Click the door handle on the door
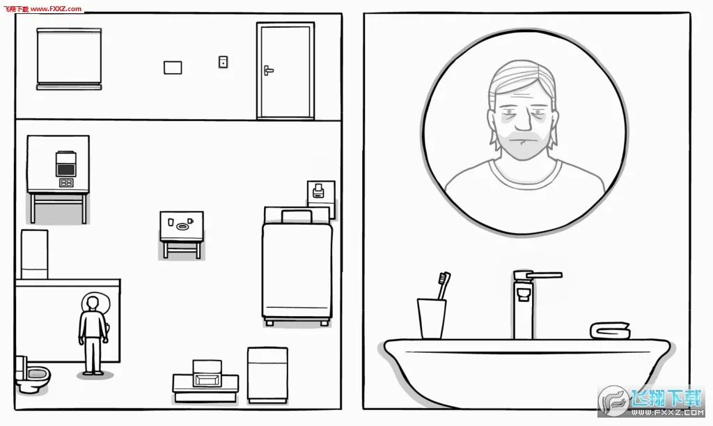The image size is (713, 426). click(268, 70)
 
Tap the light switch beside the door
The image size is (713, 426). click(223, 62)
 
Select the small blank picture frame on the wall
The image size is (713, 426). click(173, 68)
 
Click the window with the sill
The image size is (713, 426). click(69, 58)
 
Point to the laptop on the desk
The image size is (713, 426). click(66, 164)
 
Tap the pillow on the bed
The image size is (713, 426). click(297, 216)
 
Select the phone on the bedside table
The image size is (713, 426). click(318, 191)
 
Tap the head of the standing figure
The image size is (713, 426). click(93, 303)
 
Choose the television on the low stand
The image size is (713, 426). click(207, 374)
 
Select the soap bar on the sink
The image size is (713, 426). click(610, 331)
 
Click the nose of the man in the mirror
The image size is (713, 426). click(523, 121)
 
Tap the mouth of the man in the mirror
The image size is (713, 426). click(522, 141)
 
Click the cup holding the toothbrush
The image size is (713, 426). click(431, 318)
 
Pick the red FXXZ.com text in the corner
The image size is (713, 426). click(56, 8)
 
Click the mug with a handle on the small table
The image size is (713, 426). click(190, 221)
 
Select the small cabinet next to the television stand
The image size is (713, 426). click(267, 375)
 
